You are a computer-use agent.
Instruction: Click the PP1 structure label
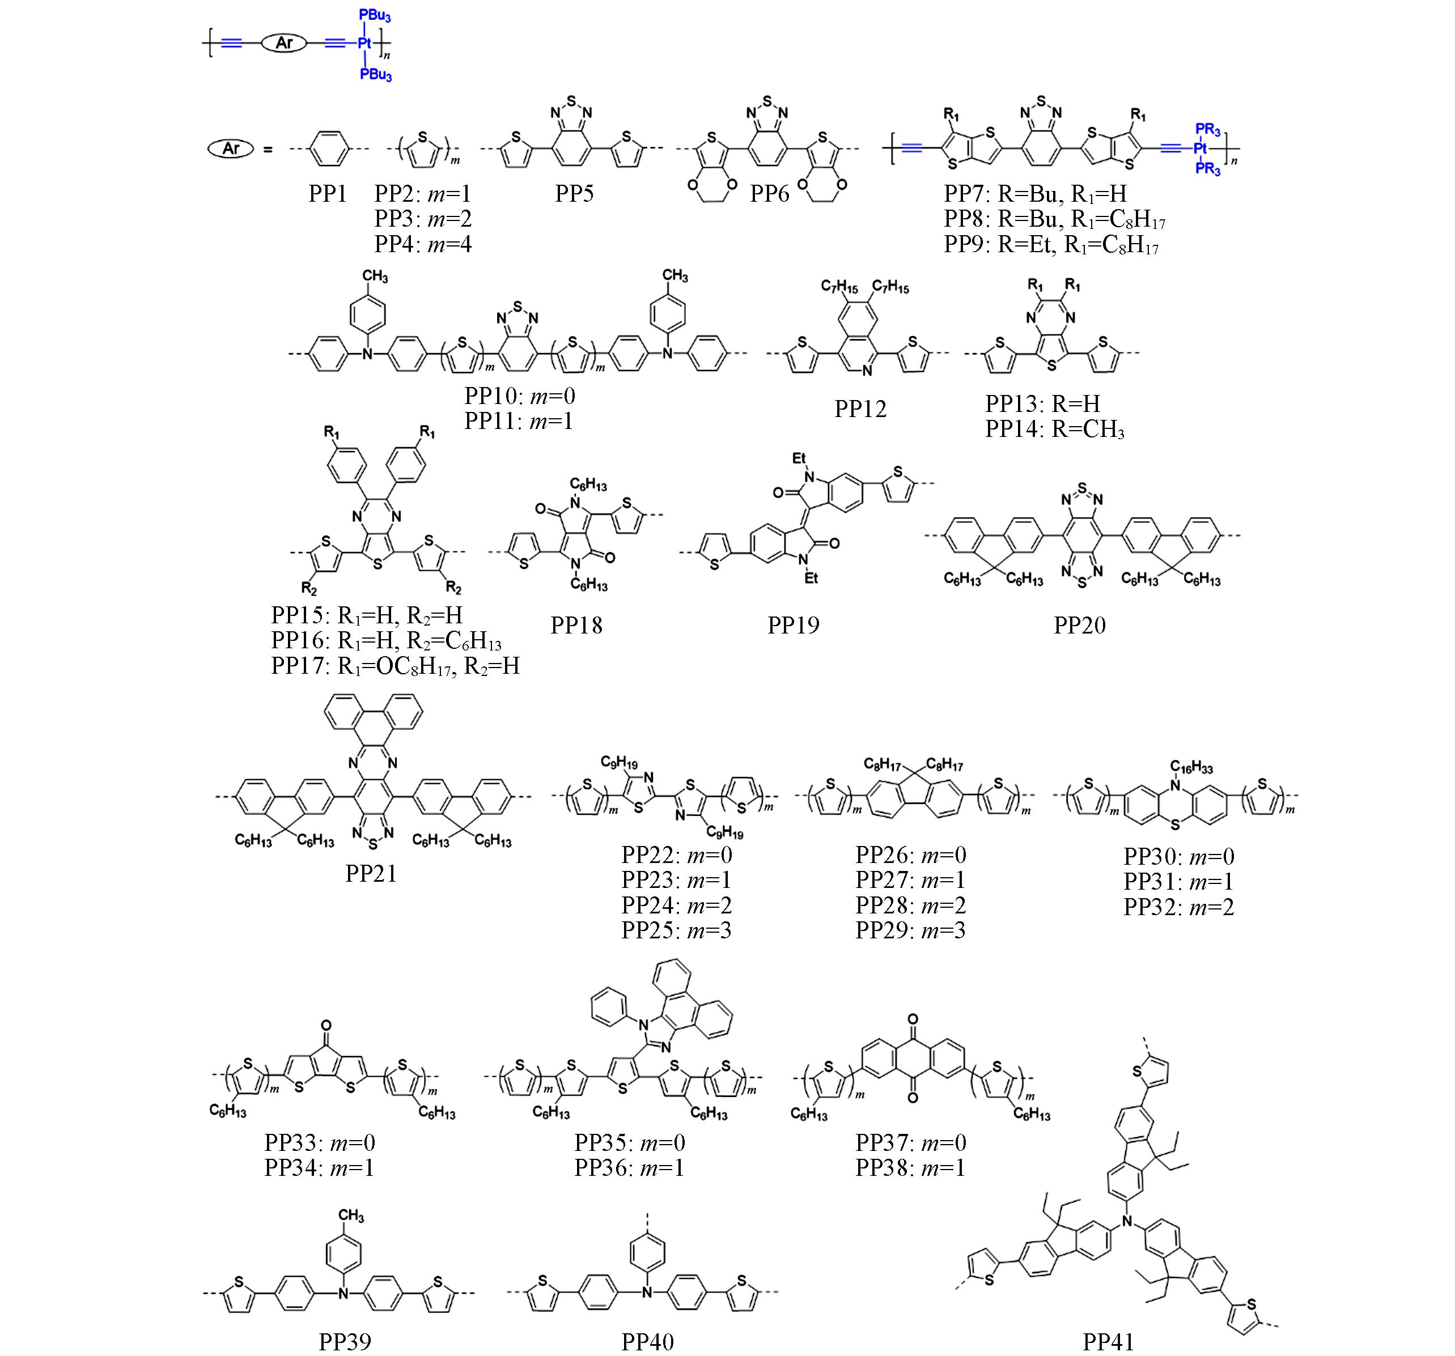point(327,194)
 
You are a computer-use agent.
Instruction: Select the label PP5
point(575,194)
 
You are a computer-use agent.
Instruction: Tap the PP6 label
point(770,194)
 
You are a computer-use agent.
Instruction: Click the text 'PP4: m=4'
point(423,244)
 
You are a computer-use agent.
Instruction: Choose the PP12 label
point(861,409)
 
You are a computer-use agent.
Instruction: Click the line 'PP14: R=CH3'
point(1055,430)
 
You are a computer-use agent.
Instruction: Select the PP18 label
point(577,626)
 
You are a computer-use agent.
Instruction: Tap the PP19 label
point(794,626)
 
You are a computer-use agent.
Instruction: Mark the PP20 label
point(1080,626)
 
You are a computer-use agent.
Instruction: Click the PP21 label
point(371,874)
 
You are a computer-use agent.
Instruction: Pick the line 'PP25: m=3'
point(677,931)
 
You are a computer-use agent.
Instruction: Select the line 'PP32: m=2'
point(1179,907)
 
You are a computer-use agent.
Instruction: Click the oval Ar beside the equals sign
point(231,149)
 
